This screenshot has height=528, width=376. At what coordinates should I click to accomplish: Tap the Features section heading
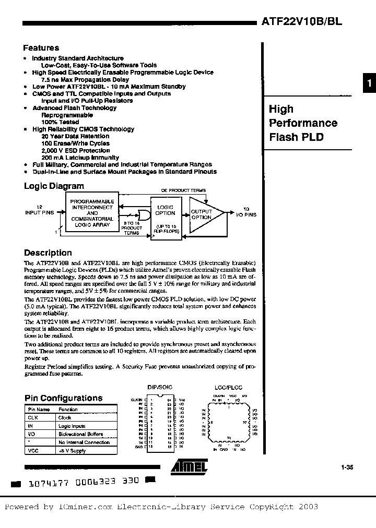click(x=41, y=48)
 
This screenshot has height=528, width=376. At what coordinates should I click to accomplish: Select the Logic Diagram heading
click(x=54, y=186)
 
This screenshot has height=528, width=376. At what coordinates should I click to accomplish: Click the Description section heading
click(x=48, y=253)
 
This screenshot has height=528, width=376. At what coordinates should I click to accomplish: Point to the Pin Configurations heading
click(x=63, y=398)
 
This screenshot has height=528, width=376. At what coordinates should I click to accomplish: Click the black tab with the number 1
click(x=369, y=83)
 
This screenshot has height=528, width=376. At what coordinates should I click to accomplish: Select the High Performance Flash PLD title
click(x=303, y=123)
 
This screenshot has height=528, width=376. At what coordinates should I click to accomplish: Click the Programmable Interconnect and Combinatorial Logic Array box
click(x=92, y=213)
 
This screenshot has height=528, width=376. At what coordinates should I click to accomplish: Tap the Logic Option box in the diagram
click(x=166, y=214)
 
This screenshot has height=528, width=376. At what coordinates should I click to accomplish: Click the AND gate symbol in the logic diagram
click(x=142, y=213)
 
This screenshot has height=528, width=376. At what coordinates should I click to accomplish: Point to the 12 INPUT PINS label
click(x=40, y=210)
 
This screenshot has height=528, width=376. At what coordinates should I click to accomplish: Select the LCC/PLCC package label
click(x=228, y=388)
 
